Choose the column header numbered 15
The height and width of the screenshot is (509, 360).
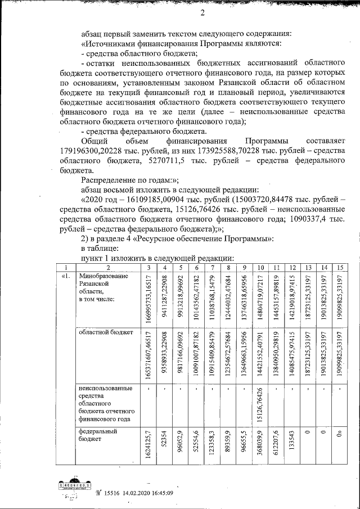point(337,267)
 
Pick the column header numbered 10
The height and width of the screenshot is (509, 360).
point(258,267)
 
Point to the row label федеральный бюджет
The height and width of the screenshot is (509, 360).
point(100,435)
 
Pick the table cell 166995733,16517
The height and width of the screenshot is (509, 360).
point(148,298)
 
